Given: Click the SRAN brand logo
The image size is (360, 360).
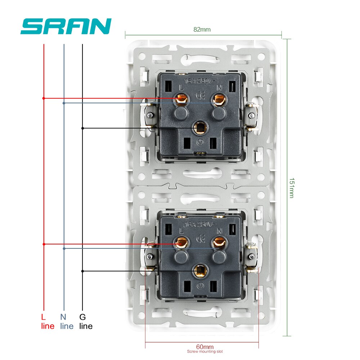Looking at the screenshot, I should (x=66, y=27).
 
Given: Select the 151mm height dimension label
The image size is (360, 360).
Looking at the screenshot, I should (x=291, y=187).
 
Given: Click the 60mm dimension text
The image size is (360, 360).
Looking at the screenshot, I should (x=202, y=346).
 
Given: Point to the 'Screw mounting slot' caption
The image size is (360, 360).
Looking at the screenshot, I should (x=202, y=352).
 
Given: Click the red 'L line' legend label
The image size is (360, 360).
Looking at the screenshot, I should (x=47, y=321).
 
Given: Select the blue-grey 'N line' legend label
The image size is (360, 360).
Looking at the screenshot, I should (x=67, y=321).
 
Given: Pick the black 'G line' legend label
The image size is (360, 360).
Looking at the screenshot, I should (x=86, y=321).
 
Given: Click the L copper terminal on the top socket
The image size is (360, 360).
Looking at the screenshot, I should (x=181, y=99).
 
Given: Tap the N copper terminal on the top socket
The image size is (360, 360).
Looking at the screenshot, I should (x=218, y=99).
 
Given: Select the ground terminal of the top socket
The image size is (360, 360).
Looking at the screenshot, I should (x=199, y=127).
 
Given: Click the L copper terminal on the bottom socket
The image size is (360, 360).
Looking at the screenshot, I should (x=181, y=243).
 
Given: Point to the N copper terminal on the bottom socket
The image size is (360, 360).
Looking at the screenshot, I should (x=217, y=243).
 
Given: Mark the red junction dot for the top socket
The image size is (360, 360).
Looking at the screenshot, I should (x=44, y=98).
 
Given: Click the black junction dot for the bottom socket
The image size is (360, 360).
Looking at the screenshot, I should (x=82, y=271).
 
